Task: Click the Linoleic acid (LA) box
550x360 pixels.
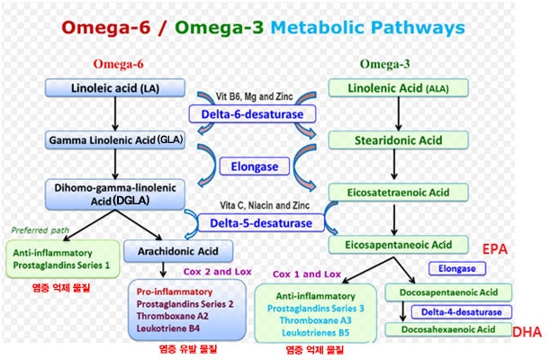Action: (x=115, y=87)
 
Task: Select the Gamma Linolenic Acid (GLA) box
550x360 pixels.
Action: (x=115, y=140)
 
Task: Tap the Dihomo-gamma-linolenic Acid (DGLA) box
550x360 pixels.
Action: (x=115, y=194)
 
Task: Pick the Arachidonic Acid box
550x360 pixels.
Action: (x=178, y=251)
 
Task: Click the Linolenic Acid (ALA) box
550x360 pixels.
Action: (x=398, y=88)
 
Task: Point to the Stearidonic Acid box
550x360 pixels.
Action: (x=398, y=140)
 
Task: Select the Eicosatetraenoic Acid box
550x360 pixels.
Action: (x=398, y=193)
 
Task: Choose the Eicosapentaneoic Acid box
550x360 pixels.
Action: (x=398, y=245)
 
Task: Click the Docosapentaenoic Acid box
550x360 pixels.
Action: (x=448, y=292)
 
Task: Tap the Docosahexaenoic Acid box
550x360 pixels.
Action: (x=448, y=329)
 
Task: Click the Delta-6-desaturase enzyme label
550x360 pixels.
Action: (x=252, y=114)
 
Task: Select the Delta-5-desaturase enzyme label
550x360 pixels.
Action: (x=261, y=223)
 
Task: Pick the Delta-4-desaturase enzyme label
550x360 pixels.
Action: (x=461, y=312)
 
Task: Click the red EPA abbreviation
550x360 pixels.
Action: (x=495, y=249)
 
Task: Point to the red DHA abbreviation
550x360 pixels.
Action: (x=527, y=331)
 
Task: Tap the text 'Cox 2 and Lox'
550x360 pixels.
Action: (x=218, y=272)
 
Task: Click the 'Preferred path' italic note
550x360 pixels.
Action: (x=40, y=230)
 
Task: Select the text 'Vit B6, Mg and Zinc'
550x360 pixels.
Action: (x=255, y=96)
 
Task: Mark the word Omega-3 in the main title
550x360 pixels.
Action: (x=220, y=27)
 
